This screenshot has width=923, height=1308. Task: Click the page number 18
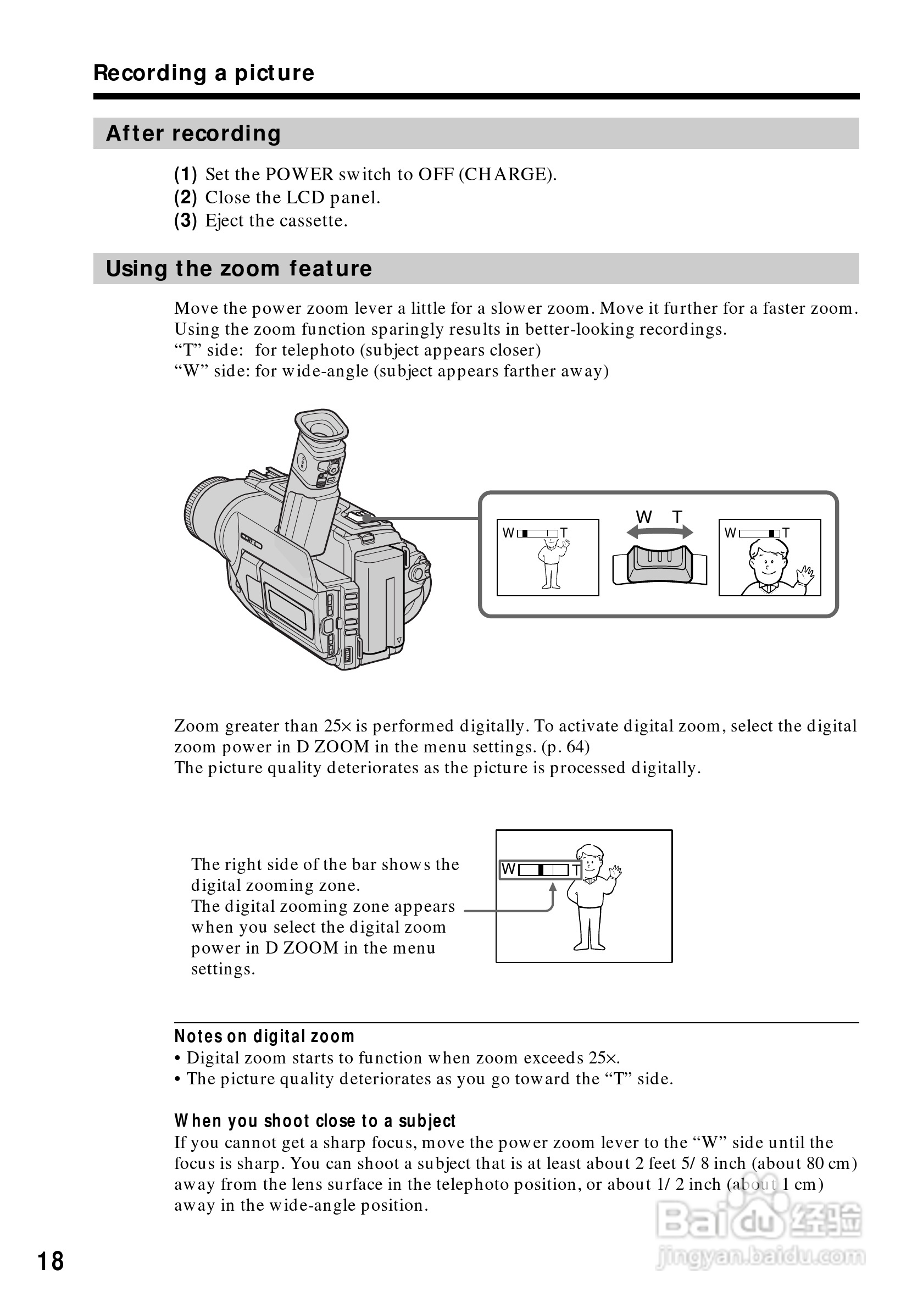coord(51,1261)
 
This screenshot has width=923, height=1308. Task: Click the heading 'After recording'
coord(193,134)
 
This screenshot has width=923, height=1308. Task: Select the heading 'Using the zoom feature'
coord(238,268)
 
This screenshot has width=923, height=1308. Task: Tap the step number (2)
coord(185,198)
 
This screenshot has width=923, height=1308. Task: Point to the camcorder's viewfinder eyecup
coord(322,427)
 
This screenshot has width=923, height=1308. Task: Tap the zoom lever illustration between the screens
coord(659,564)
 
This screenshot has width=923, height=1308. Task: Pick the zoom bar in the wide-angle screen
coord(538,533)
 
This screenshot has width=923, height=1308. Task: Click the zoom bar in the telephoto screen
coord(760,533)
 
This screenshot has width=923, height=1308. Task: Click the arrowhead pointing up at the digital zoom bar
coord(552,886)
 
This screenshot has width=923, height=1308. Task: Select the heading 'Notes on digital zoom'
coord(264,1036)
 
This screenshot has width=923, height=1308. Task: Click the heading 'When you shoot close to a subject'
coord(315,1121)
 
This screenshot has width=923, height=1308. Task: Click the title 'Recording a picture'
coord(204,73)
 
